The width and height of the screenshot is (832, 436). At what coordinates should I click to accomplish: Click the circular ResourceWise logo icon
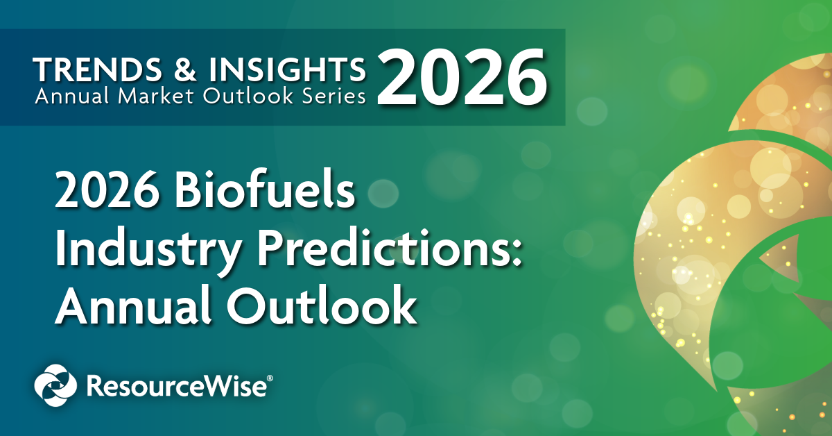(x=56, y=386)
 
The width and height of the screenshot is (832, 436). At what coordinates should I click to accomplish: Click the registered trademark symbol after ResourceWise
(x=270, y=378)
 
